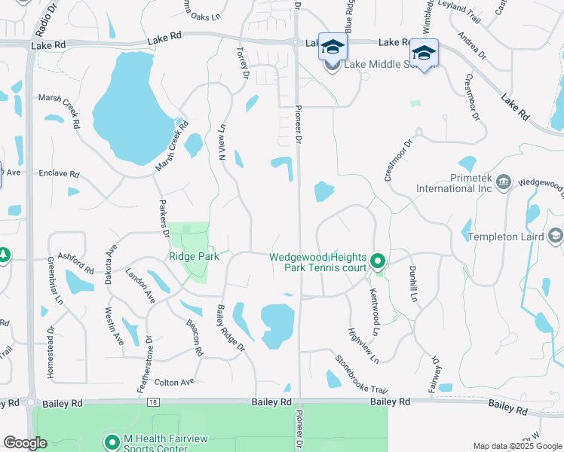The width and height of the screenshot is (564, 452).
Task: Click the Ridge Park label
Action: click(194, 256)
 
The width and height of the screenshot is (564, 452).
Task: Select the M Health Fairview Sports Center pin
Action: click(112, 442)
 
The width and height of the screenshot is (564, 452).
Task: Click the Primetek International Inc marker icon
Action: click(504, 182)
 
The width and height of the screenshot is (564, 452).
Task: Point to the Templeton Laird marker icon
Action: click(556, 237)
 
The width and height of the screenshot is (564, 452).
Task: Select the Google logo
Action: click(26, 443)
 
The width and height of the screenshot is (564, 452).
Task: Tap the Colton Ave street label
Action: click(174, 383)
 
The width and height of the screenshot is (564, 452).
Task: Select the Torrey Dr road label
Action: click(243, 63)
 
